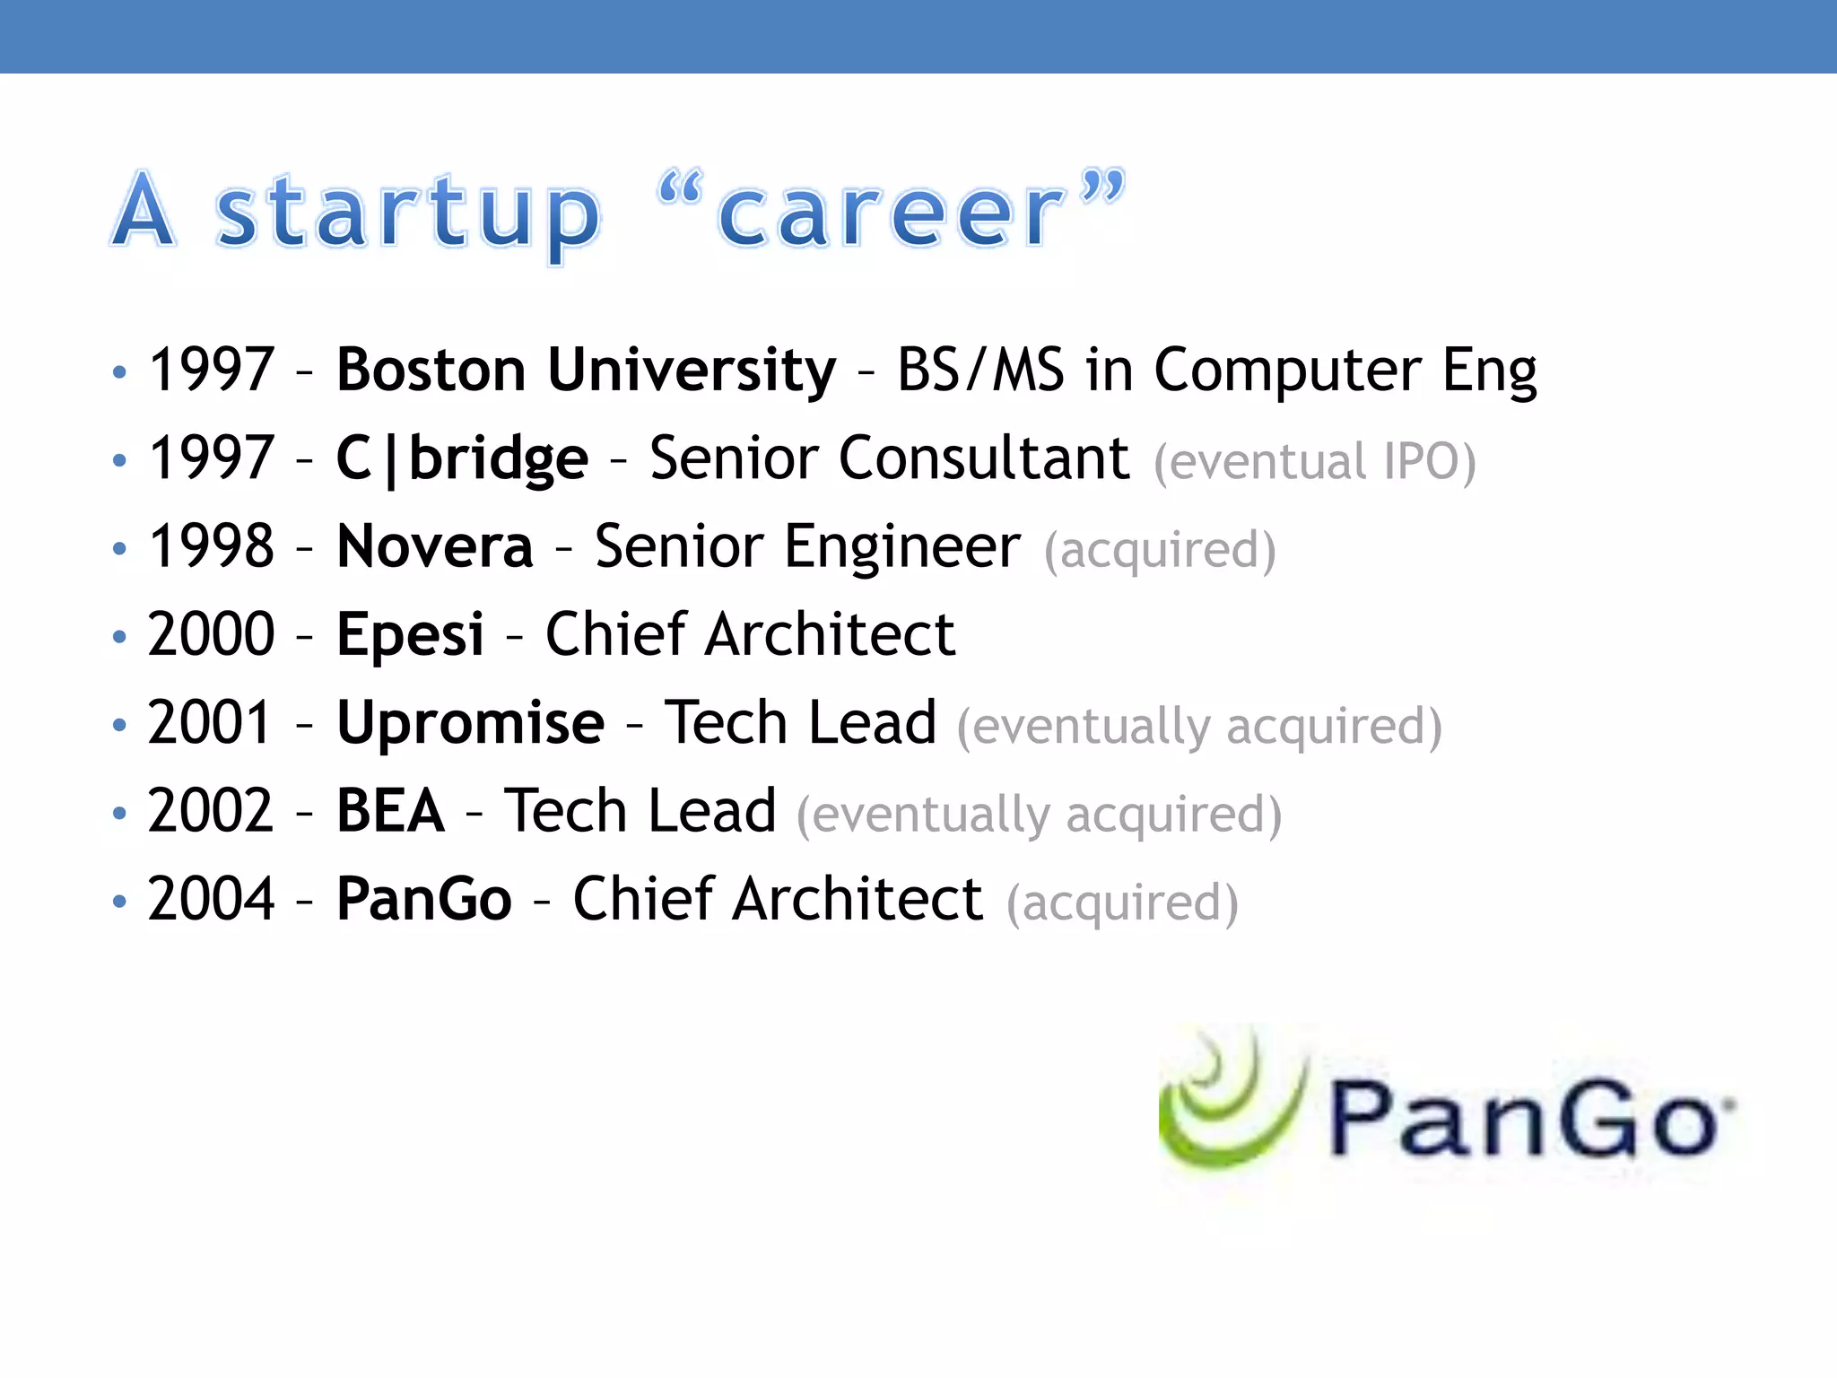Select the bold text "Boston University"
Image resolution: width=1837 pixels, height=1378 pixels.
[586, 370]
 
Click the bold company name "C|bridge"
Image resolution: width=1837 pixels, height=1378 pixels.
[462, 458]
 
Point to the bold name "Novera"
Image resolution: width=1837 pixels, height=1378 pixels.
[435, 546]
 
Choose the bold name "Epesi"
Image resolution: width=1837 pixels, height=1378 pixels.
[410, 634]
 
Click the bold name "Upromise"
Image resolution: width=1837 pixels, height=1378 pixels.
[470, 722]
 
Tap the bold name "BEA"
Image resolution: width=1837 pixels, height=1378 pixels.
[390, 810]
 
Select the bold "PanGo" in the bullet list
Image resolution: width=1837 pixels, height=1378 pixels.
[423, 898]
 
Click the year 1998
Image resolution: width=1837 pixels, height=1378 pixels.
[211, 546]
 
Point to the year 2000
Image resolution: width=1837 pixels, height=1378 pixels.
[211, 634]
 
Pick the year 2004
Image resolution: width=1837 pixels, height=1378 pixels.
[211, 898]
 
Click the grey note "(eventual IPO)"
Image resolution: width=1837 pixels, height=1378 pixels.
[1314, 462]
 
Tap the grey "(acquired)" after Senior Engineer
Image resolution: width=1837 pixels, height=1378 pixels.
[1159, 550]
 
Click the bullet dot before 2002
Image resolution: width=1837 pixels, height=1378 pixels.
[120, 813]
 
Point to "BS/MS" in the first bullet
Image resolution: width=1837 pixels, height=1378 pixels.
[980, 370]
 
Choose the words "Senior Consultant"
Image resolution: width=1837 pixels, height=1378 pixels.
[889, 458]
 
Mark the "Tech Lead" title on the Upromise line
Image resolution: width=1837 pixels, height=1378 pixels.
[800, 722]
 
